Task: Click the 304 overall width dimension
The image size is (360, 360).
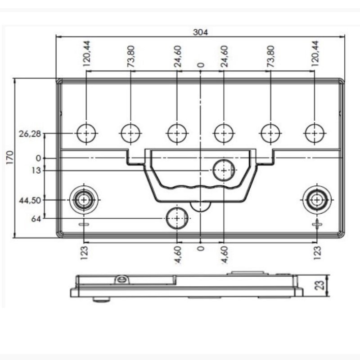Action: tap(200, 32)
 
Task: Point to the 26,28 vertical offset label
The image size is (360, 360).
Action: tap(30, 134)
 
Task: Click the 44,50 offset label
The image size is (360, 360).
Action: tap(30, 200)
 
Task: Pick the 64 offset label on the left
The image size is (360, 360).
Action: tap(36, 219)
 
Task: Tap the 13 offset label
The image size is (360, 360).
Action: tap(36, 171)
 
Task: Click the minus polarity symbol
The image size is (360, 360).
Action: tap(84, 224)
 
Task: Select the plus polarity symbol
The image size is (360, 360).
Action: tap(317, 224)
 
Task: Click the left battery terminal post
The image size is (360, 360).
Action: tap(84, 200)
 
